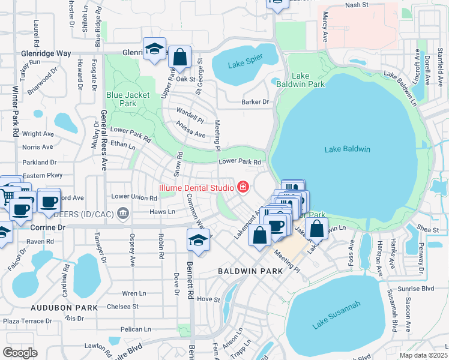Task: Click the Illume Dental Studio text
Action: point(196,187)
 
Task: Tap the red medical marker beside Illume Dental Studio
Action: point(243,187)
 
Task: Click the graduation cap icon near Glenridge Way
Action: point(154,49)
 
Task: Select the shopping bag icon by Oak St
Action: point(179,58)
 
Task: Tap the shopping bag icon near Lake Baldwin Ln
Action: point(316,229)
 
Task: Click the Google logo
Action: point(20,352)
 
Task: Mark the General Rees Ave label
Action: point(103,141)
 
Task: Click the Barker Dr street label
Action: point(255,102)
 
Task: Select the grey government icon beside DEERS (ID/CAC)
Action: point(123,212)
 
